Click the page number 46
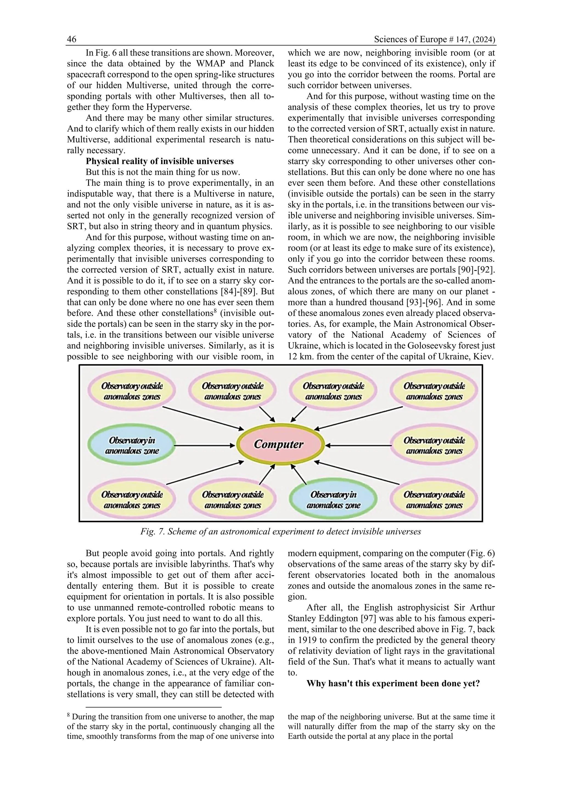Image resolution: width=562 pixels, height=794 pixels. pyautogui.click(x=72, y=39)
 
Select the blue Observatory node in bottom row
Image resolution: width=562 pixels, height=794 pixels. pyautogui.click(x=333, y=500)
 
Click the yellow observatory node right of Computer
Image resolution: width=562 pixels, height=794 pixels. pyautogui.click(x=434, y=446)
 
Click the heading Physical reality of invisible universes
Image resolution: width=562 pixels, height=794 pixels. pyautogui.click(x=159, y=161)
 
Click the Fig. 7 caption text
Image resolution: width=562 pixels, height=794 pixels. pyautogui.click(x=281, y=532)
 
